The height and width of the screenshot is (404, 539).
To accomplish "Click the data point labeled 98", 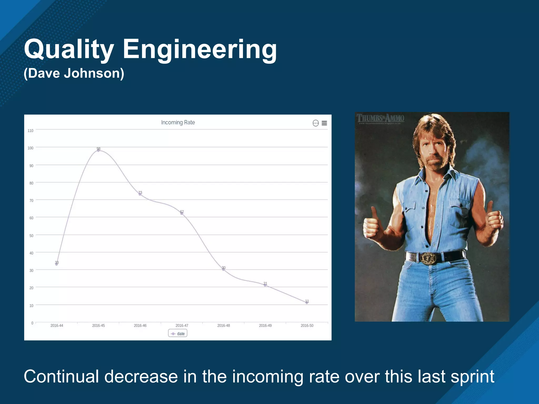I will point(98,150).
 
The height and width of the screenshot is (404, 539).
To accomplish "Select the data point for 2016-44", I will point(57,264).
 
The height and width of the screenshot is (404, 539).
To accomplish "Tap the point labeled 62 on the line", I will point(182,213).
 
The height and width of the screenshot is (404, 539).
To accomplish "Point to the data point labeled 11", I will point(307,303).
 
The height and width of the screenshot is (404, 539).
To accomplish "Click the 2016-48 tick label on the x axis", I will point(223,326).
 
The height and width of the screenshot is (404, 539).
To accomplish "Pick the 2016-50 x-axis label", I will point(307,326).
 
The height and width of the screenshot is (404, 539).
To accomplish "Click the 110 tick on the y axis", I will point(31,131).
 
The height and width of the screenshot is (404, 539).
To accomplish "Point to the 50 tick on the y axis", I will point(31,236).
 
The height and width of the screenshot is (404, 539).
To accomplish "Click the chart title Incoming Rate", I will point(178,122).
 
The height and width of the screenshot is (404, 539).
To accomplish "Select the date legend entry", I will point(178,334).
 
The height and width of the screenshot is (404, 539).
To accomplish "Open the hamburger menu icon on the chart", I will point(324,123).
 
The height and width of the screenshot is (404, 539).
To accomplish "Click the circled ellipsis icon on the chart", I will point(316,123).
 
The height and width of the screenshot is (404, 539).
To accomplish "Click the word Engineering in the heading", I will point(199,49).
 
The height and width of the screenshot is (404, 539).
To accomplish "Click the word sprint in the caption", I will point(472,377).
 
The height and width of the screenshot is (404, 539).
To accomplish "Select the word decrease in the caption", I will point(141,377).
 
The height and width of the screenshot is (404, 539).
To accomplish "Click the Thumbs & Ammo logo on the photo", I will point(380,118).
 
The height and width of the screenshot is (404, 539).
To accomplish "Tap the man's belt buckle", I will point(428,258).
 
